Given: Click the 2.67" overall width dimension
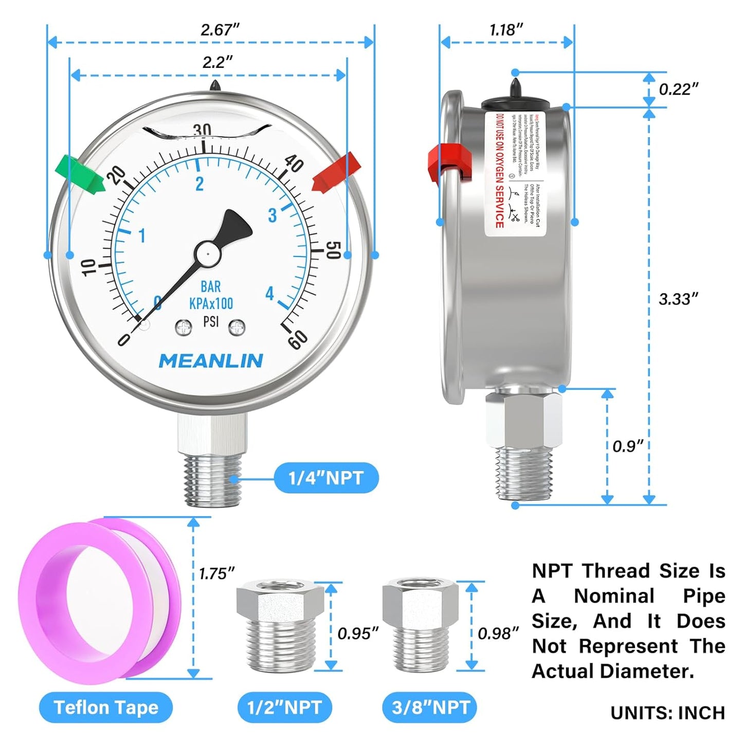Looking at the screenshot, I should [x=220, y=30].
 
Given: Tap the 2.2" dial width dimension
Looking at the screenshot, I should [x=217, y=63].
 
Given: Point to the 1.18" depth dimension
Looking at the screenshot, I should [x=506, y=30].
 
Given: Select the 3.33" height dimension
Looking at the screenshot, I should [x=678, y=299].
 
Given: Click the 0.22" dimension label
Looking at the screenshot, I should [x=678, y=89].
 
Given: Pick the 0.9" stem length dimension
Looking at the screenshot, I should [x=627, y=446].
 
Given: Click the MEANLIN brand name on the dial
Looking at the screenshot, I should [x=211, y=361].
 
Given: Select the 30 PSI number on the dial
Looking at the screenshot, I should [x=202, y=130].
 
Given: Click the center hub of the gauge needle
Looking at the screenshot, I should [x=207, y=253].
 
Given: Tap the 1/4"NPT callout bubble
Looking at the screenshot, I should [x=326, y=478].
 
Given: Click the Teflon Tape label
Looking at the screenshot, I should [x=106, y=708].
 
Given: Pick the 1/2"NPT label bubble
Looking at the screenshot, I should [x=284, y=708].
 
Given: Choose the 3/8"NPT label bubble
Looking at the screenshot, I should [x=430, y=708].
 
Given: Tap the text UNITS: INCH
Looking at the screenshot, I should [x=667, y=713].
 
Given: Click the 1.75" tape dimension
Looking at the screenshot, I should [x=216, y=574].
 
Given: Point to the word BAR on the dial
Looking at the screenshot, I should [x=211, y=287].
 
